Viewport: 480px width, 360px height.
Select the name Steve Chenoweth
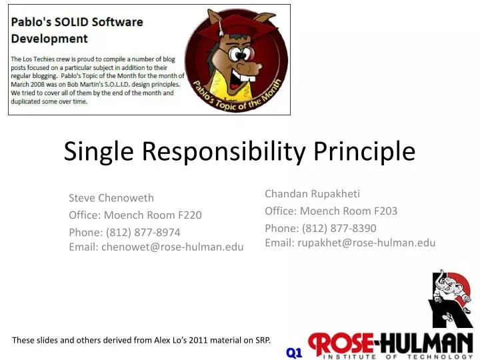tap(111, 197)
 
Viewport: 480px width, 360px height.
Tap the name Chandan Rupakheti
tap(312, 193)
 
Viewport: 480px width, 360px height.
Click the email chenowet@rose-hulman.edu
tap(172, 247)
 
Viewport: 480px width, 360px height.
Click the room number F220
tap(189, 215)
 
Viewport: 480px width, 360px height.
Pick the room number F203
tap(385, 211)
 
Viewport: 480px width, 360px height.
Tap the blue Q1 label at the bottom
tap(295, 352)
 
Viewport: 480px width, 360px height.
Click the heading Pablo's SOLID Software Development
tap(77, 30)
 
